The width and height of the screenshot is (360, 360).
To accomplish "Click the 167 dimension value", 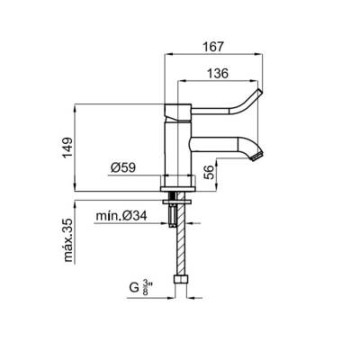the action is point(213,47).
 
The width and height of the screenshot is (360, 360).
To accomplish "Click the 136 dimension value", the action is point(218,73).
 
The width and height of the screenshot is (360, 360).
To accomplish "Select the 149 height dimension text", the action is point(67,148).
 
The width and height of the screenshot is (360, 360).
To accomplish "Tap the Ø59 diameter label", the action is point(123,167).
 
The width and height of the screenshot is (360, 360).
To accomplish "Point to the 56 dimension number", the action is point(211,172).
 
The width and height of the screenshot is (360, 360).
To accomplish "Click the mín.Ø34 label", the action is point(121,216).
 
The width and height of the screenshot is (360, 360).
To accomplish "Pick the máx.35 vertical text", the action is point(68,240).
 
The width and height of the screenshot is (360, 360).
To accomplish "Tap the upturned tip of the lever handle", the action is point(259,92).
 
